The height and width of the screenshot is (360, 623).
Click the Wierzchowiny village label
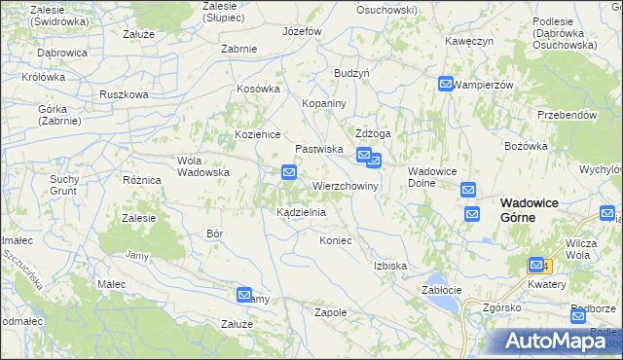pyautogui.click(x=345, y=185)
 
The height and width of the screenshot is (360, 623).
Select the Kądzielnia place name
pyautogui.click(x=301, y=211)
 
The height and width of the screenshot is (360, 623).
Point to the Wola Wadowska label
pyautogui.click(x=202, y=166)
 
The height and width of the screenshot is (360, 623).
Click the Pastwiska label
pyautogui.click(x=319, y=149)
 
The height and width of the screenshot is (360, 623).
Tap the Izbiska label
pyautogui.click(x=389, y=265)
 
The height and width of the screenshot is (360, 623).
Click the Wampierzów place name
pyautogui.click(x=484, y=85)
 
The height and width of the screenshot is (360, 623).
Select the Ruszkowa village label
pyautogui.click(x=124, y=94)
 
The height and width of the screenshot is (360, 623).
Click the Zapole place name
pyautogui.click(x=331, y=312)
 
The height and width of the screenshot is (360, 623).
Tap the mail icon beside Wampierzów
pyautogui.click(x=446, y=85)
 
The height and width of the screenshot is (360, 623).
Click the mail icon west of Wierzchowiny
pyautogui.click(x=289, y=173)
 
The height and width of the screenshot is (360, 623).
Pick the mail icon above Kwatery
pyautogui.click(x=536, y=265)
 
